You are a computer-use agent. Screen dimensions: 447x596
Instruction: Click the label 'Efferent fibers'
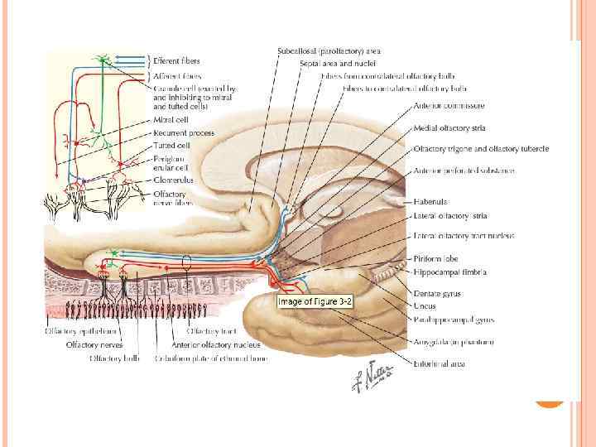pyautogui.click(x=176, y=60)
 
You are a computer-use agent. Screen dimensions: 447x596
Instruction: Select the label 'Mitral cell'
pyautogui.click(x=171, y=120)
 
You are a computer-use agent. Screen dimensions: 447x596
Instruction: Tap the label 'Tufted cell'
pyautogui.click(x=171, y=145)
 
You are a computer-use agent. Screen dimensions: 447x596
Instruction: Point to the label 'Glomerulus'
pyautogui.click(x=173, y=179)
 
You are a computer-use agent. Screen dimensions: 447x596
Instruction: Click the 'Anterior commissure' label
pyautogui.click(x=449, y=106)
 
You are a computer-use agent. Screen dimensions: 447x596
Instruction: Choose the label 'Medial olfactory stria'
pyautogui.click(x=449, y=127)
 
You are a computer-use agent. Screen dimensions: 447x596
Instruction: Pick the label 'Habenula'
pyautogui.click(x=430, y=201)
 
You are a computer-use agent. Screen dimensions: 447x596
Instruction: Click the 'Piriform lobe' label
pyautogui.click(x=435, y=257)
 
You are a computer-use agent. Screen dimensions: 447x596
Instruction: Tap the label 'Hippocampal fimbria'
pyautogui.click(x=449, y=272)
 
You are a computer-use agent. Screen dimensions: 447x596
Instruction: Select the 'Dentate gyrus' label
pyautogui.click(x=438, y=293)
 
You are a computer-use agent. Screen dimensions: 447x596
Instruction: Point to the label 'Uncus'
pyautogui.click(x=425, y=305)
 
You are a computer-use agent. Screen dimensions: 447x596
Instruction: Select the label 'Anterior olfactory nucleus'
pyautogui.click(x=216, y=344)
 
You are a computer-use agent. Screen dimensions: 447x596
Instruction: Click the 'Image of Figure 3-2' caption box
pyautogui.click(x=315, y=302)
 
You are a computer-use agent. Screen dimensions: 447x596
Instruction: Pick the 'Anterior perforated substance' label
pyautogui.click(x=464, y=171)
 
